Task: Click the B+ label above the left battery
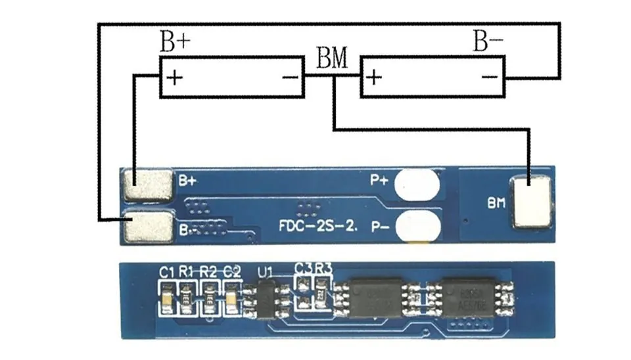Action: [x=175, y=42]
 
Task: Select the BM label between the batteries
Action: [x=332, y=58]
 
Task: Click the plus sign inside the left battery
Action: [x=175, y=78]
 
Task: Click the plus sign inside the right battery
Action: [x=373, y=78]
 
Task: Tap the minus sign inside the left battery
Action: [x=291, y=78]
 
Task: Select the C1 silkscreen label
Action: [x=166, y=271]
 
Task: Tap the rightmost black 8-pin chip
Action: [x=468, y=297]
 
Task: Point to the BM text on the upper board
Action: [x=496, y=203]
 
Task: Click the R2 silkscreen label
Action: [x=208, y=271]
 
